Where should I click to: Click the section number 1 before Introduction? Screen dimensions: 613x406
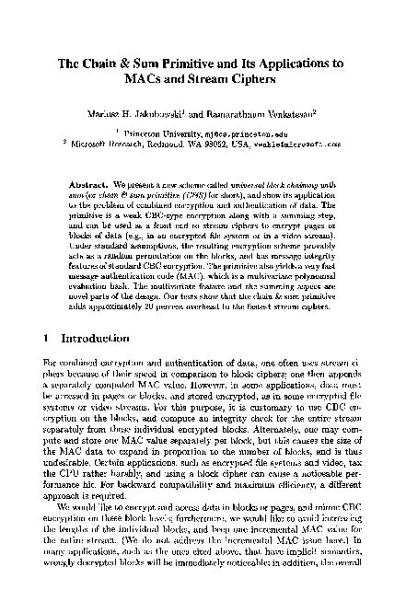click(48, 313)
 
